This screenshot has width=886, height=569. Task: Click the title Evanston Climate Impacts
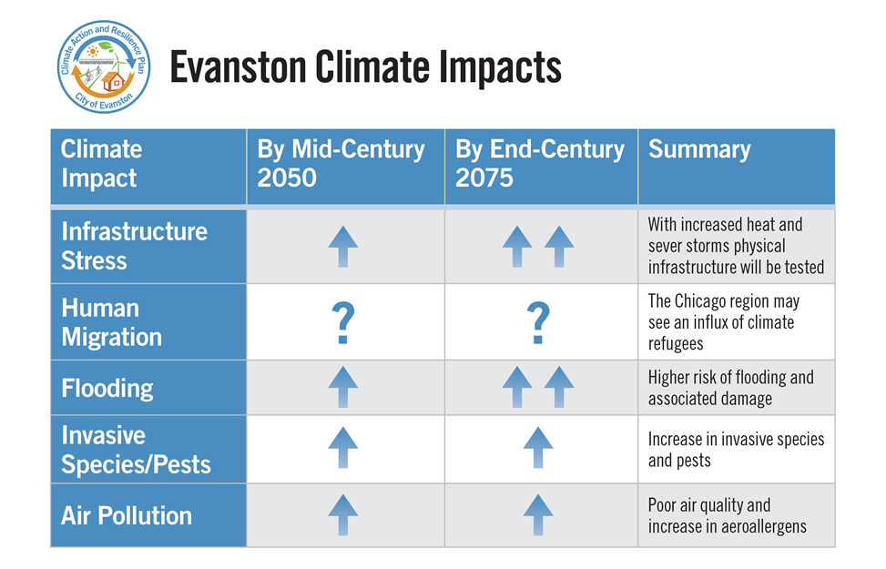(365, 68)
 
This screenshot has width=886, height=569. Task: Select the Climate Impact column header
(102, 163)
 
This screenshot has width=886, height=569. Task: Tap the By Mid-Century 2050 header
(341, 163)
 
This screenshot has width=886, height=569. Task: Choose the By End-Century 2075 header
(540, 163)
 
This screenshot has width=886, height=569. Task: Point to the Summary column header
(699, 150)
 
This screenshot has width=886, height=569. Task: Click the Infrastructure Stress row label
(134, 246)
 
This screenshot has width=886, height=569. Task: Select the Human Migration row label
(111, 322)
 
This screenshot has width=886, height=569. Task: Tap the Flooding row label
(107, 389)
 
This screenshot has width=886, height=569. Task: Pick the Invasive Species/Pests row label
(136, 451)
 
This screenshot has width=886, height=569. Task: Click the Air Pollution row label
(127, 516)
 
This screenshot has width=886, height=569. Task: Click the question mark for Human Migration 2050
(342, 324)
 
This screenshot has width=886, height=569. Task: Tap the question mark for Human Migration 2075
(538, 324)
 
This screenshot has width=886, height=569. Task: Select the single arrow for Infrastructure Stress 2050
(342, 247)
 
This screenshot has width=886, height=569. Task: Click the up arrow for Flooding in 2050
(342, 388)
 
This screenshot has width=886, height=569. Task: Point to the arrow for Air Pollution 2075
(538, 515)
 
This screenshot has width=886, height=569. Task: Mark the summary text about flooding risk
(730, 389)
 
